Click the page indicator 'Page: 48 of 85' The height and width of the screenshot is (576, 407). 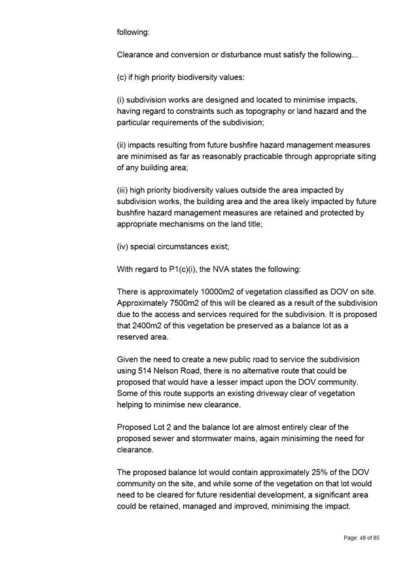click(361, 537)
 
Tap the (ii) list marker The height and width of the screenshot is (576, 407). click(122, 145)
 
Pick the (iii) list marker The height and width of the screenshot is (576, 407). click(124, 190)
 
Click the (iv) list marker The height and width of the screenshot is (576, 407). click(124, 247)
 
